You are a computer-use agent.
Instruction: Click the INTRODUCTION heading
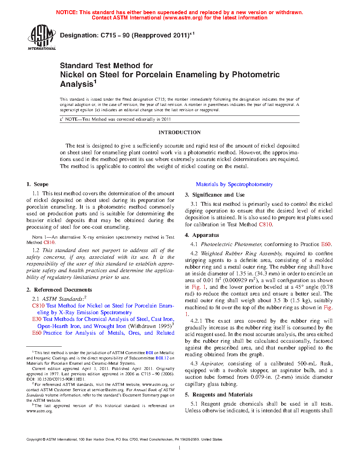(179, 132)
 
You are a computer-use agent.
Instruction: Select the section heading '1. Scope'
(37, 184)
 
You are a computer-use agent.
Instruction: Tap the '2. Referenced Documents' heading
(59, 290)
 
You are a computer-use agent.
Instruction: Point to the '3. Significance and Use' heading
(215, 195)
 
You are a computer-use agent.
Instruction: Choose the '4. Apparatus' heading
(202, 235)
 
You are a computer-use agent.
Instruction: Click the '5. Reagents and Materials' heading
(219, 395)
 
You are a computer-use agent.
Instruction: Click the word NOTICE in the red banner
(67, 12)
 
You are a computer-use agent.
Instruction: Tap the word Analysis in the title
(77, 84)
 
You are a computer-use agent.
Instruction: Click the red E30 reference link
(37, 319)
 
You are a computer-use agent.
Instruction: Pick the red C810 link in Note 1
(49, 243)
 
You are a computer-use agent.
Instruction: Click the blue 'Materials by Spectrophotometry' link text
(234, 184)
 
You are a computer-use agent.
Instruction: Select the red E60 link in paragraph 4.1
(326, 244)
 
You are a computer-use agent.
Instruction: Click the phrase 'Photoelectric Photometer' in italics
(231, 244)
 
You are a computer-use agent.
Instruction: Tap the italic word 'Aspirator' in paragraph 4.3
(212, 364)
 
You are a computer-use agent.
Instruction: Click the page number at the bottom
(180, 448)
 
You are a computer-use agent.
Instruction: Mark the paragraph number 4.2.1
(196, 321)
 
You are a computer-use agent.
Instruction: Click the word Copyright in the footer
(34, 440)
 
